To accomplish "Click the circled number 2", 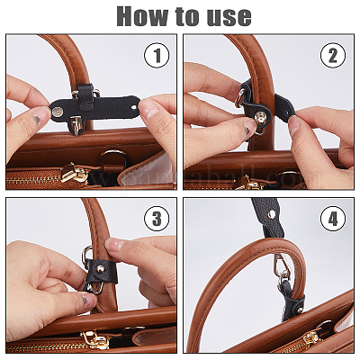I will [x=334, y=56].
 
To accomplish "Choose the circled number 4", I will [x=334, y=220].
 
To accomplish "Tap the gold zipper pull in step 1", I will [x=76, y=175].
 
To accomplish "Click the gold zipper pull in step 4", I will [x=310, y=340].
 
